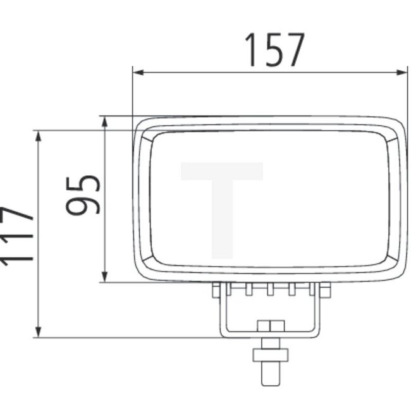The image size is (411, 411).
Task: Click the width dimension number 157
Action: point(274,51)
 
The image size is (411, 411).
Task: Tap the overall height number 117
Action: point(16,235)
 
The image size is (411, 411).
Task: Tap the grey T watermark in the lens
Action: point(222,202)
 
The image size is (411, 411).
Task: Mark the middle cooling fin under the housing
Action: point(271,289)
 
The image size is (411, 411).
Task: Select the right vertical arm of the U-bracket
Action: point(316,313)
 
